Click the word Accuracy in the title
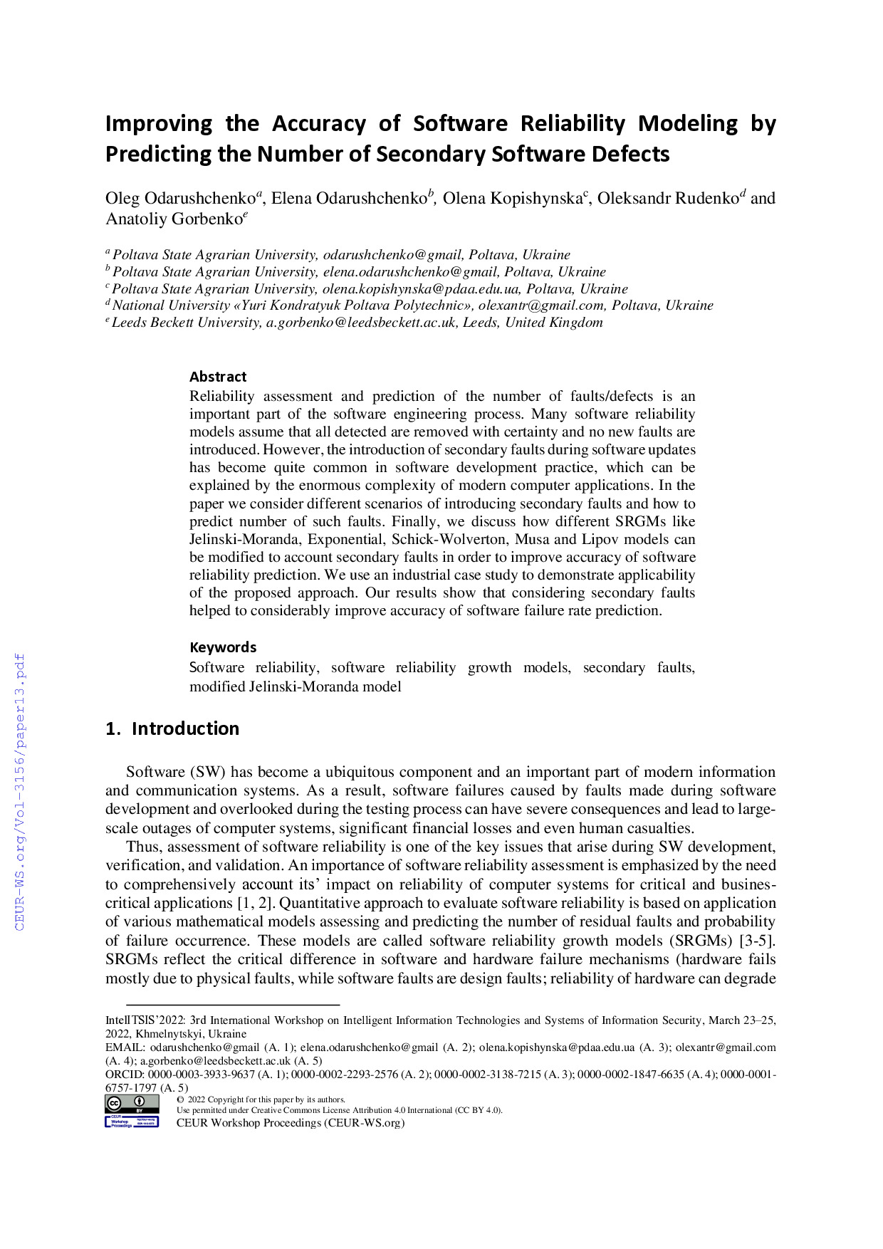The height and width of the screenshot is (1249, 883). click(x=318, y=124)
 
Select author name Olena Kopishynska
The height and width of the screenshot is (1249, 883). click(x=512, y=198)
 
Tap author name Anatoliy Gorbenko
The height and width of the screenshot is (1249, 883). click(x=174, y=219)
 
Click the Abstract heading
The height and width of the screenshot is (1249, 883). click(x=218, y=377)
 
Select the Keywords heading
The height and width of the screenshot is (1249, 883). click(x=223, y=647)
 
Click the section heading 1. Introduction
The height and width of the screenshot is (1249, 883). click(x=172, y=728)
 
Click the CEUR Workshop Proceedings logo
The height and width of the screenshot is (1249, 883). click(x=132, y=1122)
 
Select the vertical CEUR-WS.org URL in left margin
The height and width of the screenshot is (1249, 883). click(x=20, y=791)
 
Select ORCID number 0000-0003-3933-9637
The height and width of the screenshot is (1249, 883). click(x=202, y=1075)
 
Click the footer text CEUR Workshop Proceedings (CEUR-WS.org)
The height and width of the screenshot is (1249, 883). click(x=290, y=1123)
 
